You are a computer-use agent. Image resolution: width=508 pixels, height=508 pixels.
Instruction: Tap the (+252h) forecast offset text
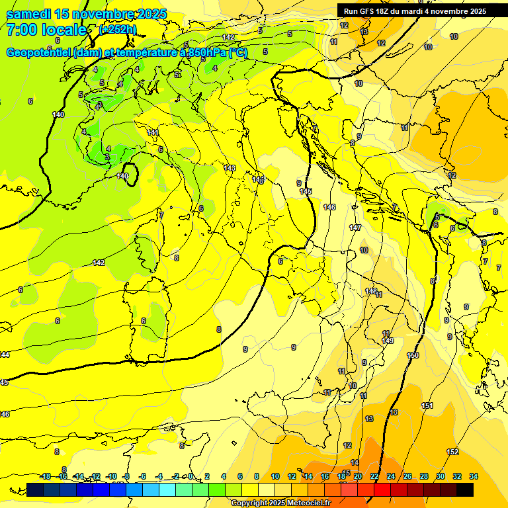coord(117,29)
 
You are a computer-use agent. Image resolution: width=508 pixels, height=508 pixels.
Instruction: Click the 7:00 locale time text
coord(46,30)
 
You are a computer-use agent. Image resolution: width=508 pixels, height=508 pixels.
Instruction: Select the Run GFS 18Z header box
coord(415,11)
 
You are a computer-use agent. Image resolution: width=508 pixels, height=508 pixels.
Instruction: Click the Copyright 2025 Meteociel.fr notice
coord(280,503)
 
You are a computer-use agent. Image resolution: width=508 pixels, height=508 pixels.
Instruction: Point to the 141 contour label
coord(153,133)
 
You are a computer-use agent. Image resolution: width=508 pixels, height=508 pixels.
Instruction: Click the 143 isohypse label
coord(230,168)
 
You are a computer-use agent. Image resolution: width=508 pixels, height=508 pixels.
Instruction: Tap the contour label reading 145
coord(306,191)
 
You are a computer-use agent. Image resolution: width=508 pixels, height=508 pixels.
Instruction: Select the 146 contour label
coord(329,207)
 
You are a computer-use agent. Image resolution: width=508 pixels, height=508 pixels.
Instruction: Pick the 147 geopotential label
coord(355,228)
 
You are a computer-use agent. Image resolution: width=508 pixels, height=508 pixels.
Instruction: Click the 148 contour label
coord(371,290)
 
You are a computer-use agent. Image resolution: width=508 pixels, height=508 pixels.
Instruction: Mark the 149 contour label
coord(388,341)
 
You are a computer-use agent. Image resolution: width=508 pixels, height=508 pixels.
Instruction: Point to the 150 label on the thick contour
coord(413,355)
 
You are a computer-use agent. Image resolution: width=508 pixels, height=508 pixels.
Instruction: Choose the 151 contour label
coord(427,405)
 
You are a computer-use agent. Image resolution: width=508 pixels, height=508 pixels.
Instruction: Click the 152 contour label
coord(452,452)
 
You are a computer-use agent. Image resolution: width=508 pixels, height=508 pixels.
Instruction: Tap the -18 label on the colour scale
coord(45,476)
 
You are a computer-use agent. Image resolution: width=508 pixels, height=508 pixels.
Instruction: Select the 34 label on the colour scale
coord(474,476)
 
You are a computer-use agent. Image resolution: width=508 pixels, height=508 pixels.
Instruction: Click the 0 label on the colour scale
coord(190,476)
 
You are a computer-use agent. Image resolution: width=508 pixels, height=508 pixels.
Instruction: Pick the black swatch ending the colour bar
coord(465,489)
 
